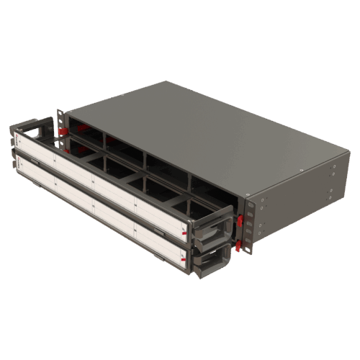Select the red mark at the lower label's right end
coord(185,260)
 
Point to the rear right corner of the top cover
coord(350,143)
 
